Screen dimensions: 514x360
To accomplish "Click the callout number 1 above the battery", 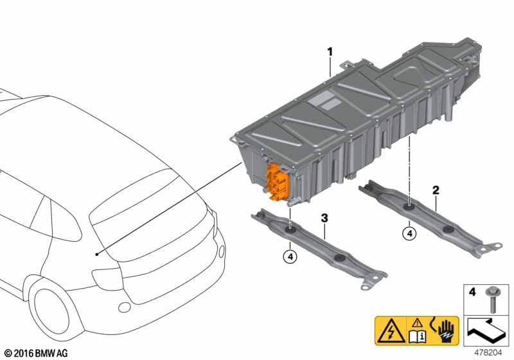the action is (x=330, y=52).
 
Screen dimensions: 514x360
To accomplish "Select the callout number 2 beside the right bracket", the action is (x=436, y=190).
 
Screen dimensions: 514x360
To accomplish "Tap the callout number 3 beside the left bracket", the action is (x=324, y=218).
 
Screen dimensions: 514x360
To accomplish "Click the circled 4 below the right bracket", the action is (x=409, y=234).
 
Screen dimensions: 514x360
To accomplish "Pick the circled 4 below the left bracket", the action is (x=290, y=256).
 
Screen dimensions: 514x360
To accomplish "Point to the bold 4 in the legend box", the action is (x=472, y=291).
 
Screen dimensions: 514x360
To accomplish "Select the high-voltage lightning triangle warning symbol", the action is (x=391, y=331).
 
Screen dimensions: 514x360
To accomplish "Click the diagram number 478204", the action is (x=488, y=353).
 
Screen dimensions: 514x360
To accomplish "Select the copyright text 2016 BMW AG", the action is (x=37, y=353).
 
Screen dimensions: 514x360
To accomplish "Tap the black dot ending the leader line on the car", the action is (x=97, y=255).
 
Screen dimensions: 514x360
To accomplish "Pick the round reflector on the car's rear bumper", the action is (x=125, y=307).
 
